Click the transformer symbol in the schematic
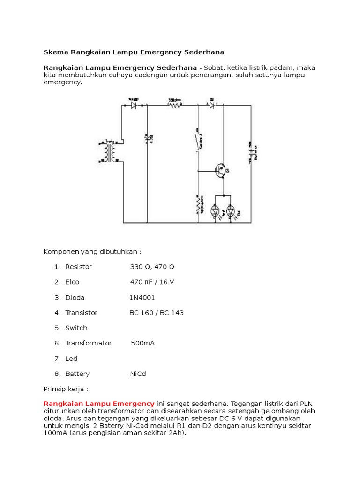[x=111, y=151]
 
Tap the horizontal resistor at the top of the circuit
[x=175, y=105]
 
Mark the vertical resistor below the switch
[x=198, y=204]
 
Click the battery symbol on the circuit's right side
[x=250, y=152]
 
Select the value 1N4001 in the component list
[x=142, y=298]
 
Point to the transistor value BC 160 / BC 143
[x=157, y=313]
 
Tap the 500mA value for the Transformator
[x=142, y=343]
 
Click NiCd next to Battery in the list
[x=138, y=374]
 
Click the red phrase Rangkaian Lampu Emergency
[x=99, y=403]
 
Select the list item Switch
[x=76, y=328]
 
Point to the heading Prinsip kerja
[x=66, y=389]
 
